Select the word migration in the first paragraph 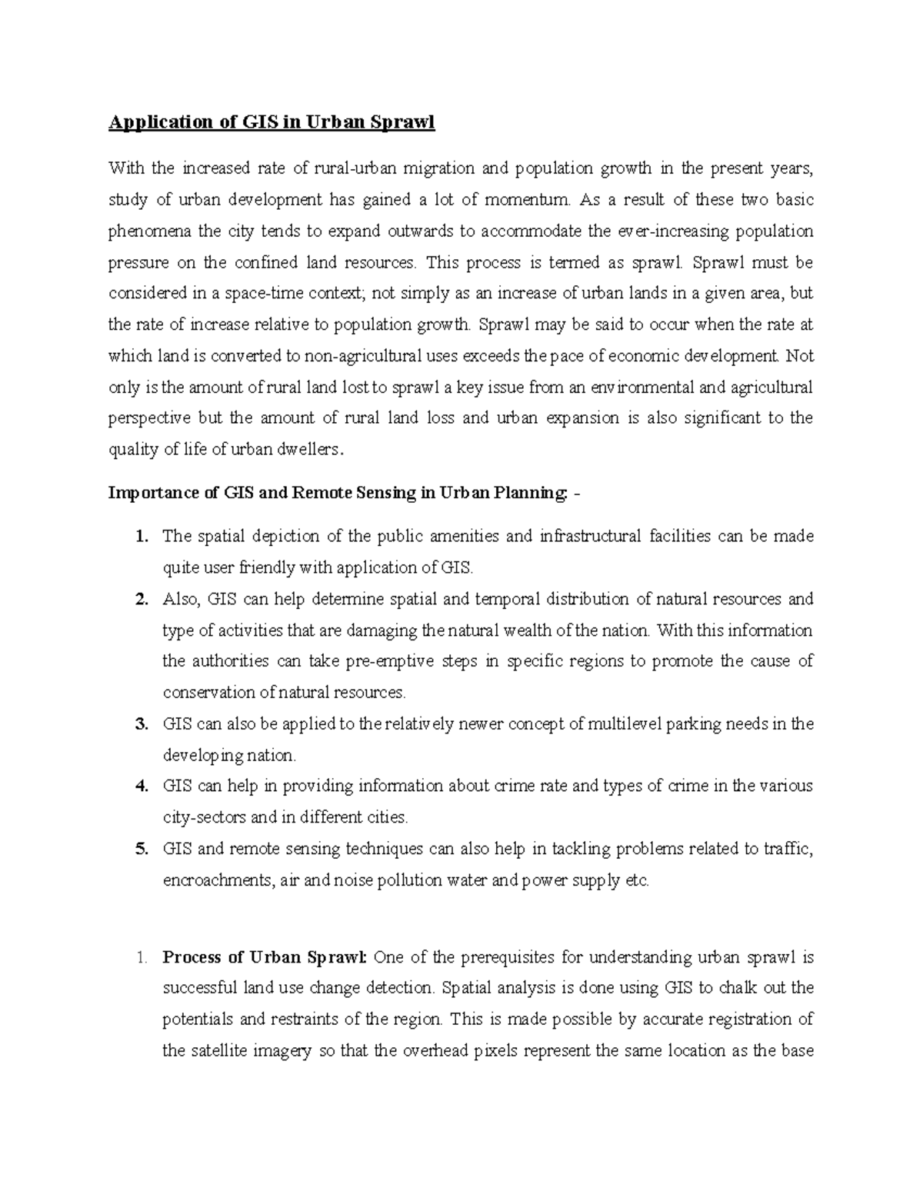pyautogui.click(x=442, y=168)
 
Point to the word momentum pyautogui.click(x=528, y=200)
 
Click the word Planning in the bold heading pyautogui.click(x=527, y=494)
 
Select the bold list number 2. pyautogui.click(x=141, y=599)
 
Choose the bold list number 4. pyautogui.click(x=141, y=786)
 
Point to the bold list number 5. pyautogui.click(x=141, y=849)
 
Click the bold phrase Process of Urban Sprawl pyautogui.click(x=265, y=958)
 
